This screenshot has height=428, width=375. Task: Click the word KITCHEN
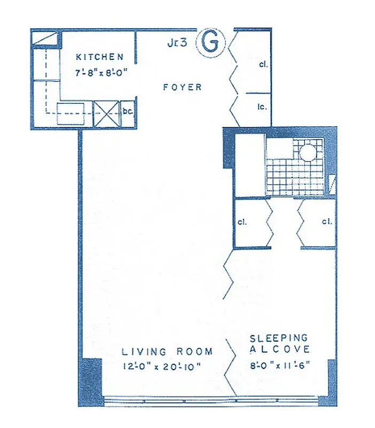[100, 57]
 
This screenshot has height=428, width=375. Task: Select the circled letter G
[210, 43]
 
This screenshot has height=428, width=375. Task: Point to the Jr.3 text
[177, 44]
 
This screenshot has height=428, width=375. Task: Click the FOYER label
[183, 87]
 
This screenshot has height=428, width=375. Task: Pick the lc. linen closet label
[262, 106]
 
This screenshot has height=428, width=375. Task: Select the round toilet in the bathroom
[308, 152]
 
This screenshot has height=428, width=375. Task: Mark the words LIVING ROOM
[167, 351]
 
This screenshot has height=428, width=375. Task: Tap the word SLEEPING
[279, 338]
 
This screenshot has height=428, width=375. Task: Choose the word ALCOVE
[279, 349]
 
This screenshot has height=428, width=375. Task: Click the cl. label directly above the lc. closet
[262, 64]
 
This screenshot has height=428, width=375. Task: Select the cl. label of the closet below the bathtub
[241, 221]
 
